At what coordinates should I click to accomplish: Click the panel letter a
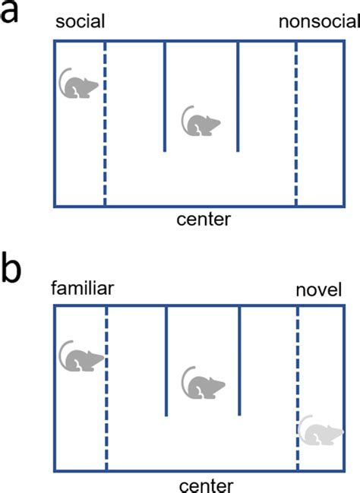(9, 13)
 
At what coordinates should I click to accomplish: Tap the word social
(81, 21)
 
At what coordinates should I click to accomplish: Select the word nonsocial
(319, 22)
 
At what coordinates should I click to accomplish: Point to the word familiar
(82, 289)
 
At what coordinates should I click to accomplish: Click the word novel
(318, 290)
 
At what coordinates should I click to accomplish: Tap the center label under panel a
(204, 219)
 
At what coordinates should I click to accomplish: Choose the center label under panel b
(207, 485)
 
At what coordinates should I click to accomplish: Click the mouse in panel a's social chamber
(78, 84)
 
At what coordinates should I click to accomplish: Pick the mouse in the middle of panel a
(201, 121)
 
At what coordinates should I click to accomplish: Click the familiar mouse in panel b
(81, 356)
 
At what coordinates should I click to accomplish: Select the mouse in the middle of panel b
(203, 383)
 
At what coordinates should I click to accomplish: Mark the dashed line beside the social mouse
(105, 123)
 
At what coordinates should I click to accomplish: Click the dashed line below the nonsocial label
(296, 123)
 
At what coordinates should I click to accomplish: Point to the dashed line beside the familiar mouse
(106, 388)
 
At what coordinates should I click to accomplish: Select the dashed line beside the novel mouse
(298, 388)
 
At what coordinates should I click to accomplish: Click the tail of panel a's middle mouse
(183, 119)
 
